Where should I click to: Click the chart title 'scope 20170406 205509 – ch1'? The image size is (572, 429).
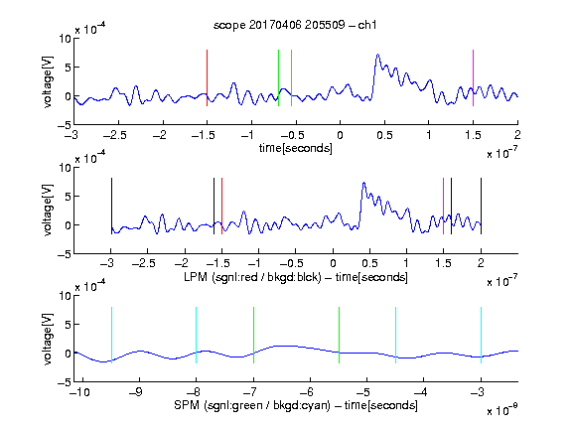[x=295, y=25]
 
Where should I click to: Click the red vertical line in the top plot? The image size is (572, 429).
[x=207, y=77]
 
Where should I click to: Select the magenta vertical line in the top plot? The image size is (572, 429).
[x=473, y=77]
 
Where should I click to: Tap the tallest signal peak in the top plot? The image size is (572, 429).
[x=377, y=55]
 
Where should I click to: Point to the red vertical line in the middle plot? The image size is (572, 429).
[x=221, y=207]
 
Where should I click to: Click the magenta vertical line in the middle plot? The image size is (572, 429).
[x=443, y=207]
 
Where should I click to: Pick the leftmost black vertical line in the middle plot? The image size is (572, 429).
[x=111, y=207]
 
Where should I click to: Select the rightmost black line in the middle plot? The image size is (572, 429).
[x=481, y=207]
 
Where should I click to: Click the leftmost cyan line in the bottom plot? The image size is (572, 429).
[x=111, y=335]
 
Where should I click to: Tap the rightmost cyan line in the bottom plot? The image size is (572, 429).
[x=481, y=335]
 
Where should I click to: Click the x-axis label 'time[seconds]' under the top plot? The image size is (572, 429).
[x=296, y=149]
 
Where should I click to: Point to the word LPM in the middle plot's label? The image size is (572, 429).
[x=196, y=277]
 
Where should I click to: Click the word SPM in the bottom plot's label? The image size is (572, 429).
[x=187, y=405]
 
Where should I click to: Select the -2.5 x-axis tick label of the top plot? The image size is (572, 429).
[x=115, y=135]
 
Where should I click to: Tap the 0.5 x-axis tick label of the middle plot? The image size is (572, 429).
[x=369, y=263]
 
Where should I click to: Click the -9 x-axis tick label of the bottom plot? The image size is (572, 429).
[x=136, y=392]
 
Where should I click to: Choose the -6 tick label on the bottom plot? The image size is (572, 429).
[x=307, y=392]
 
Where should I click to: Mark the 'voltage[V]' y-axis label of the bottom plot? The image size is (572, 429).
[x=48, y=339]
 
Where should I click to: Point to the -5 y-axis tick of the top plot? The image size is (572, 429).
[x=64, y=125]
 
